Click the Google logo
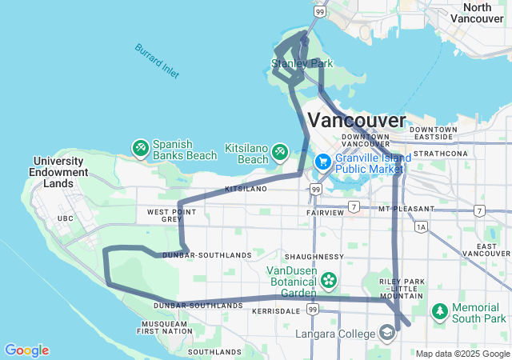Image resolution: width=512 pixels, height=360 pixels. point(26,350)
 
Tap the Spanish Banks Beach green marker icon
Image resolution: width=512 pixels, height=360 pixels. point(141,148)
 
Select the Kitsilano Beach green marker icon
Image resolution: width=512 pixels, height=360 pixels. point(279,150)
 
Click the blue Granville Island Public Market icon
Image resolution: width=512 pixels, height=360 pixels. point(323,162)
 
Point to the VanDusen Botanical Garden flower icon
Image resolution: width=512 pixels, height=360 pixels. point(329,280)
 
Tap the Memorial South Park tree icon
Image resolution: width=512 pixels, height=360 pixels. point(440,310)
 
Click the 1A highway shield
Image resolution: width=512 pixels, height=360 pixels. point(422,227)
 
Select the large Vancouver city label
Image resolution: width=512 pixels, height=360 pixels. point(357,120)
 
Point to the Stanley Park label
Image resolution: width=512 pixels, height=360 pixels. point(301,63)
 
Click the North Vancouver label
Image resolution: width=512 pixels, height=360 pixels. point(482,13)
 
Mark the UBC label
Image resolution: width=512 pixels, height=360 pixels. point(65,218)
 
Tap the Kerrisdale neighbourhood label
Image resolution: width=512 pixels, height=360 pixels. point(276,310)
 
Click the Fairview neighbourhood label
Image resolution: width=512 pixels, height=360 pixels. point(324,214)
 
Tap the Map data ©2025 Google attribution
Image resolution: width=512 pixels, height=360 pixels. point(462,354)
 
